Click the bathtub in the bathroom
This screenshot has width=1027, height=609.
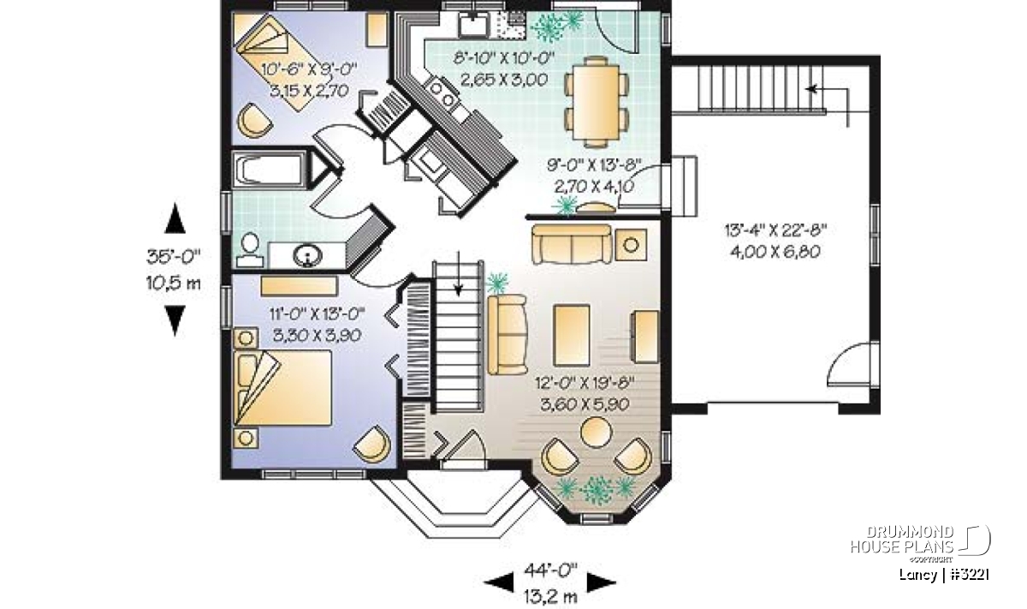(x=270, y=170)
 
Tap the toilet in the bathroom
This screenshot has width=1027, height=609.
(x=250, y=249)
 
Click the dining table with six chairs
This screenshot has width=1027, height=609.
(x=596, y=102)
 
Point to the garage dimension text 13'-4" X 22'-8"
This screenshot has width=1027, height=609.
(x=775, y=230)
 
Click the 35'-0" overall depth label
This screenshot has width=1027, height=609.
(x=174, y=256)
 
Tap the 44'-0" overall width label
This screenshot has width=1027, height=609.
(x=550, y=570)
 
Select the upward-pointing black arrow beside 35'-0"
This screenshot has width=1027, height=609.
(x=175, y=218)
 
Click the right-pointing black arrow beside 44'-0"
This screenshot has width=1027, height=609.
(x=602, y=582)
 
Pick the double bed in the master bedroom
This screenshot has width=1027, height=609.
(x=282, y=388)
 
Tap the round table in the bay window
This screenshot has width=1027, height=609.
(x=596, y=432)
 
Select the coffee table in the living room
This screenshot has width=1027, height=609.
(x=572, y=335)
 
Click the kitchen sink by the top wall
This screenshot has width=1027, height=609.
(x=474, y=24)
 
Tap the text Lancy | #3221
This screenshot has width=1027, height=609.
(x=944, y=576)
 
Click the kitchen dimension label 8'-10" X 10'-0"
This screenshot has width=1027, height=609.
(x=504, y=59)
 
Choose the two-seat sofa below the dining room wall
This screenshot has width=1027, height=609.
(x=572, y=244)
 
